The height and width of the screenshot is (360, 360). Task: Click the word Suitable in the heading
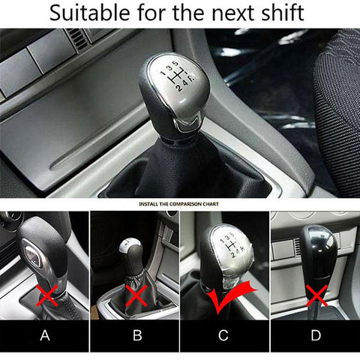point(89,13)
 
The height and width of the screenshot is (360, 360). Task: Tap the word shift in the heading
point(283,13)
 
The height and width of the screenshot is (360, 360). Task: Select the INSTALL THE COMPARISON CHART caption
point(178,204)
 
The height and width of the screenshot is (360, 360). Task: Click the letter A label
point(45,335)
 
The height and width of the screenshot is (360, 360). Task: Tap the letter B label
point(137,335)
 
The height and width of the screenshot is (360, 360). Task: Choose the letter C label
point(223,335)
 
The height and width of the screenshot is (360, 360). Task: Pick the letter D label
point(316,335)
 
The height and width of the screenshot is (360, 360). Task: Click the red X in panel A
point(47,295)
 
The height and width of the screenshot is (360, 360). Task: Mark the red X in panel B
point(136,295)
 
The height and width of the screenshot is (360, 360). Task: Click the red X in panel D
point(316,295)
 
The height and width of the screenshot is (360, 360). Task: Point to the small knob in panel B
point(131,256)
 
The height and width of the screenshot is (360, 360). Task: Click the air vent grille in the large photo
point(77,39)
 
